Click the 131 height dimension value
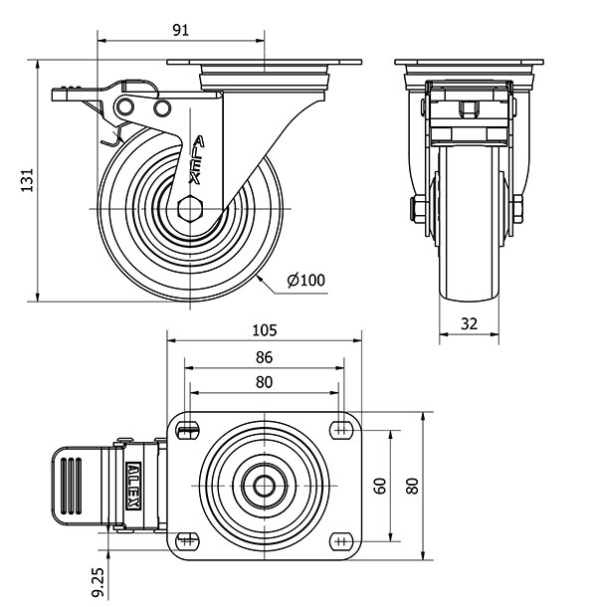point(27,180)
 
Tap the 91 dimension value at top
point(181,30)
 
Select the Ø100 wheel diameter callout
point(305,280)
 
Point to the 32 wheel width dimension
point(470,323)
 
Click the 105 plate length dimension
point(265,330)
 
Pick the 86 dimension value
point(264,357)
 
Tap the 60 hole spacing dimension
point(380,486)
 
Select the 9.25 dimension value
point(99,583)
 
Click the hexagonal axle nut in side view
point(190,209)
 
